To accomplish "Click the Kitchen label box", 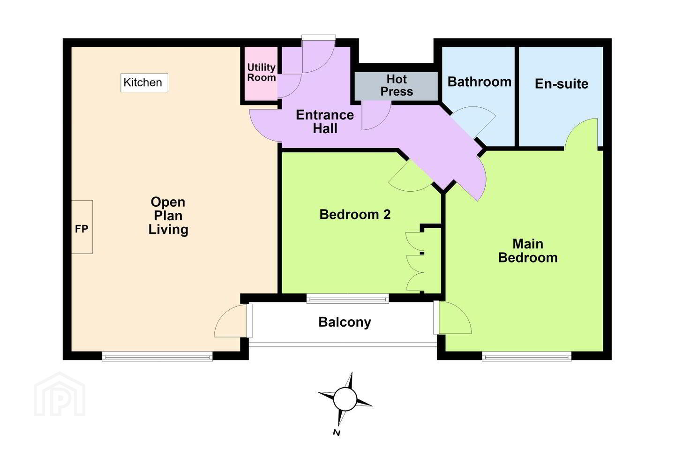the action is pyautogui.click(x=144, y=82).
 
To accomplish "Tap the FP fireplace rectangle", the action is pyautogui.click(x=82, y=227).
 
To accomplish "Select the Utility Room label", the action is pyautogui.click(x=261, y=72).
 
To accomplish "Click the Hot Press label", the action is pyautogui.click(x=397, y=85).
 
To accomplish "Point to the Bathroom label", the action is pyautogui.click(x=480, y=82).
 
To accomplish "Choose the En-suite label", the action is pyautogui.click(x=562, y=84).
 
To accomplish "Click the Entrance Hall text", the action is pyautogui.click(x=325, y=122).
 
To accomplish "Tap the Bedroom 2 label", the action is pyautogui.click(x=355, y=215).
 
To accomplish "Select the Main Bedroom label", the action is pyautogui.click(x=528, y=251).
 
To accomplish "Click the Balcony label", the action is pyautogui.click(x=345, y=322).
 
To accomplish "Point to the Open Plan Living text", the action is pyautogui.click(x=168, y=216).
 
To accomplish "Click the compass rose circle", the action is pyautogui.click(x=345, y=399).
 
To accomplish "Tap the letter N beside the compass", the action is pyautogui.click(x=337, y=433).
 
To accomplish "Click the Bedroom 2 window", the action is pyautogui.click(x=348, y=299).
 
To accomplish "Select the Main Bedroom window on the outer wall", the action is pyautogui.click(x=527, y=357).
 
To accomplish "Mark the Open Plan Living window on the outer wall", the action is pyautogui.click(x=157, y=357).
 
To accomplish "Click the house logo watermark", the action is pyautogui.click(x=60, y=394).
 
